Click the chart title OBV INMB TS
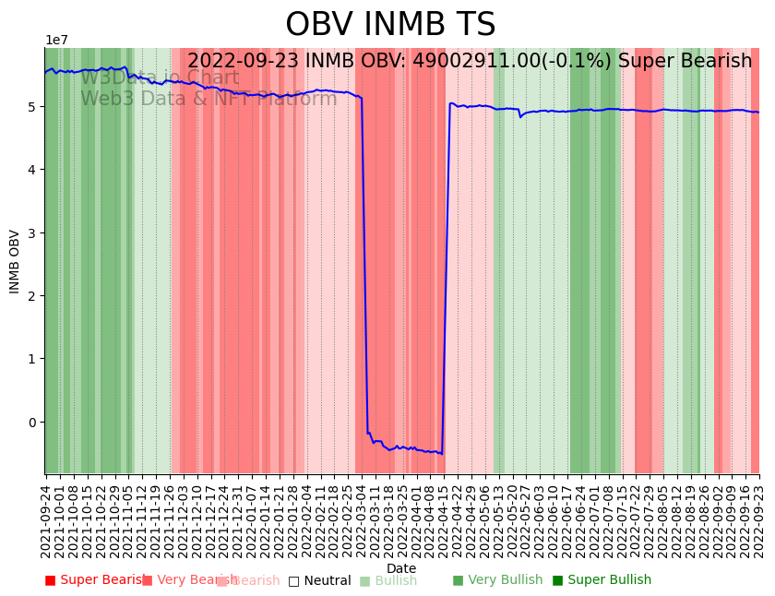390,25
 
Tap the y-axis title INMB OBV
15,261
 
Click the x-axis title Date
401,568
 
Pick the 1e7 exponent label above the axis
57,41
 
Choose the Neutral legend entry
320,580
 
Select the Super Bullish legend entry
602,580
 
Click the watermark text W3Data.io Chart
160,78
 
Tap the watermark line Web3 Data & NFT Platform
209,99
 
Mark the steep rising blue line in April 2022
446,277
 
